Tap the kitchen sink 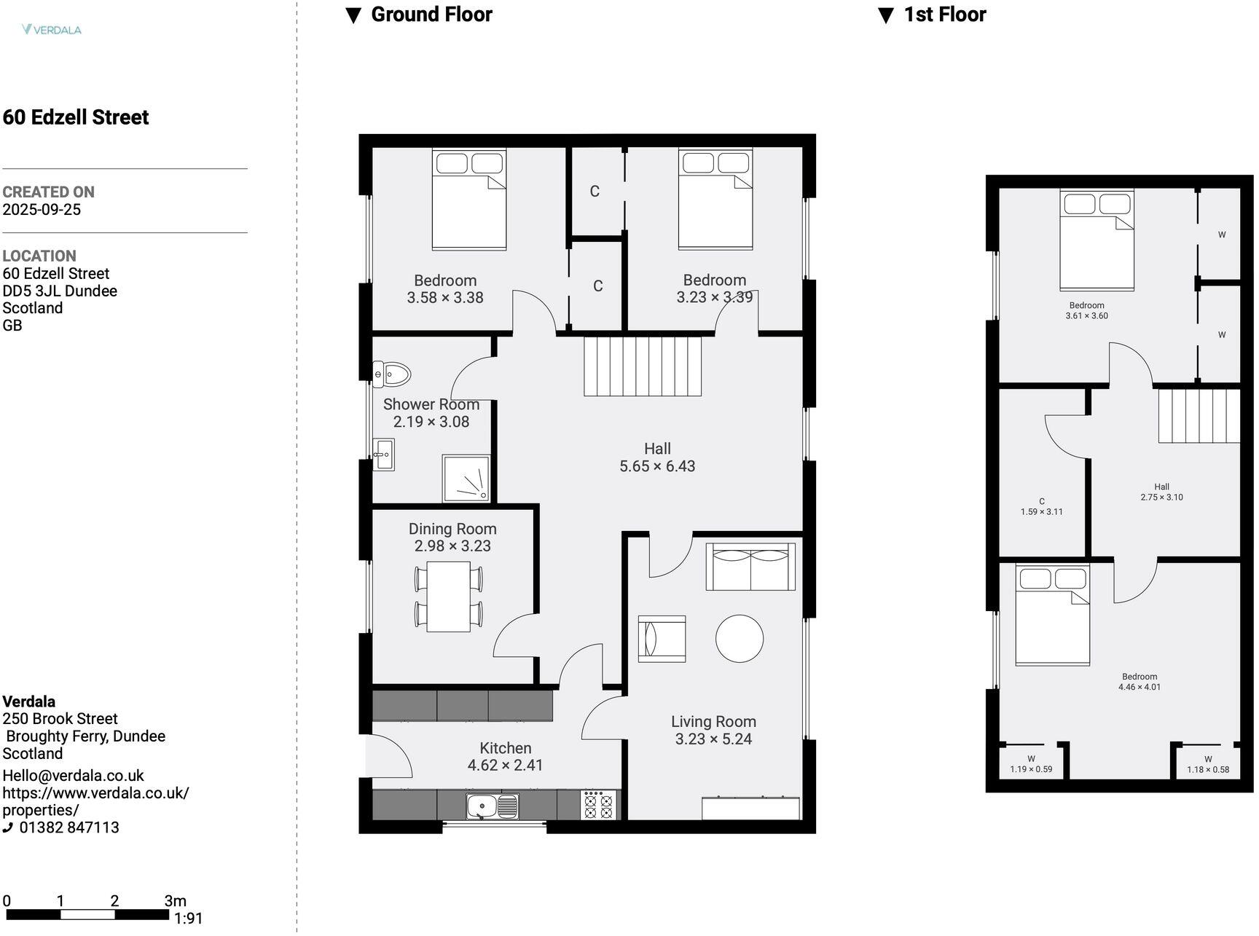(493, 806)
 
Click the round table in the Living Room (739, 638)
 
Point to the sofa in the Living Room (750, 567)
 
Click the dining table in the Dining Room (448, 597)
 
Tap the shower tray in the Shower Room (466, 479)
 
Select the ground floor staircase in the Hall (643, 366)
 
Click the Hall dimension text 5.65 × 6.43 (657, 466)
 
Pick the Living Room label (713, 722)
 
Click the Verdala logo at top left (52, 30)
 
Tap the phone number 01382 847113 (68, 827)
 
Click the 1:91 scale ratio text (188, 919)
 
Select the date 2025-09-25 (42, 210)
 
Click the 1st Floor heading (944, 15)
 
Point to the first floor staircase (1199, 416)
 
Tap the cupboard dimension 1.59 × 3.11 (1041, 512)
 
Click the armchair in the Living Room (662, 639)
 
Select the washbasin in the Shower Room (384, 455)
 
